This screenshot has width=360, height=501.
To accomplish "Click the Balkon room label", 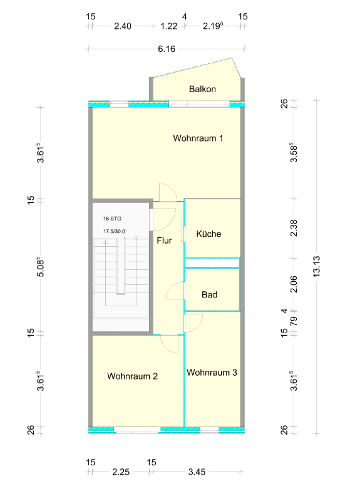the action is (x=202, y=89).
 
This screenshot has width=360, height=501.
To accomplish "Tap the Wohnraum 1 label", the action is (x=198, y=138).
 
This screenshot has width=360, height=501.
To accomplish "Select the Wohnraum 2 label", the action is (x=132, y=376).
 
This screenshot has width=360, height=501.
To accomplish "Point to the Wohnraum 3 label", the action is (x=212, y=373).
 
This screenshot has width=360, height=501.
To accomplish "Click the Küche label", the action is (x=208, y=234).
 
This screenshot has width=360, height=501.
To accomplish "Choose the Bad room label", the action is (x=209, y=294).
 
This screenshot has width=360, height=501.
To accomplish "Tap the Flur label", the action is (x=164, y=240).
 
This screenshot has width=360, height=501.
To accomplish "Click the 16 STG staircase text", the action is (x=112, y=219).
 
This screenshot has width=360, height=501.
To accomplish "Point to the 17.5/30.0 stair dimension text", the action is (x=114, y=231).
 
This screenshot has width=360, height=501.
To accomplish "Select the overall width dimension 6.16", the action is (x=167, y=49).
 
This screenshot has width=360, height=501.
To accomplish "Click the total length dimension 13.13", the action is (x=316, y=266).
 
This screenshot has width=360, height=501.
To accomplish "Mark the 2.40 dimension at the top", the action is (x=123, y=26).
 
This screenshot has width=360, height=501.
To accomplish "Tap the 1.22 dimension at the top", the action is (x=168, y=26).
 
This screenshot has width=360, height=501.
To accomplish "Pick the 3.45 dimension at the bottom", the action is (x=197, y=472).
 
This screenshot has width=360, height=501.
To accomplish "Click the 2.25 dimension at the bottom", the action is (x=121, y=472).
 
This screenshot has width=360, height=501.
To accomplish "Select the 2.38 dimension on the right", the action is (x=294, y=228).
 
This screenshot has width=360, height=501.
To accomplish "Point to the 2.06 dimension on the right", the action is (x=294, y=284).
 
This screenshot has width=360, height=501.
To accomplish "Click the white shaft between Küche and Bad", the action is (x=212, y=263).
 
